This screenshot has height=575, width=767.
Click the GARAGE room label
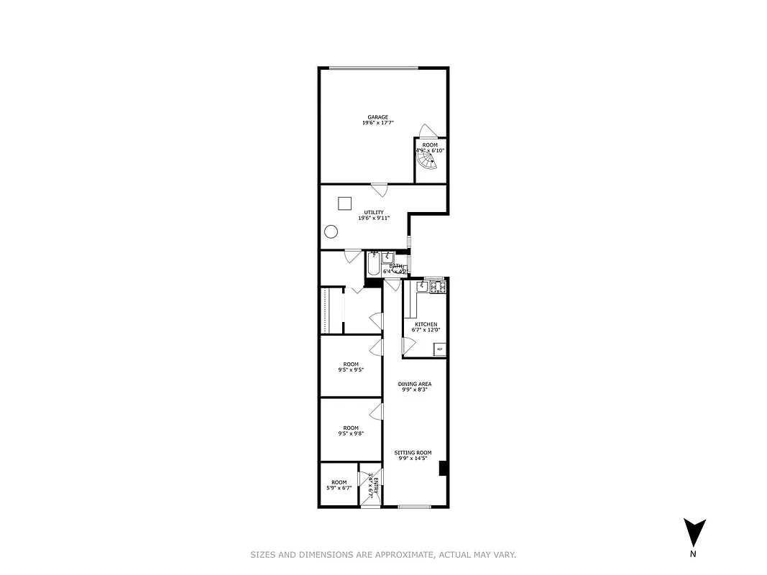click(378, 117)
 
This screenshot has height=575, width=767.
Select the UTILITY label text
click(373, 212)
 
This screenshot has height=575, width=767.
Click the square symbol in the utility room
click(344, 203)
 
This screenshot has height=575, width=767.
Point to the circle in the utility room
click(331, 231)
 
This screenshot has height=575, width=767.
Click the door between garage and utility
click(379, 190)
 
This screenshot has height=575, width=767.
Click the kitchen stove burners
click(437, 287)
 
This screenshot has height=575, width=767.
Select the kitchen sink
click(422, 287)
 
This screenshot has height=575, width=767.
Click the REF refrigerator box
click(440, 349)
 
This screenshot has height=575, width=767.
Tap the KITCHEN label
click(426, 324)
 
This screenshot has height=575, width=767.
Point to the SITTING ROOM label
click(413, 453)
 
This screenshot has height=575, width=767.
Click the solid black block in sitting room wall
click(444, 468)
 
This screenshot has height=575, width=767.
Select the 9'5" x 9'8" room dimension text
click(351, 433)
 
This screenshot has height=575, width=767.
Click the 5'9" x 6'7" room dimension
click(339, 488)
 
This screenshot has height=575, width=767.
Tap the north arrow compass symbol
click(694, 533)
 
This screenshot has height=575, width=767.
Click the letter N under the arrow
click(693, 554)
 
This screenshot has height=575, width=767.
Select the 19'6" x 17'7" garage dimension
click(378, 123)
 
